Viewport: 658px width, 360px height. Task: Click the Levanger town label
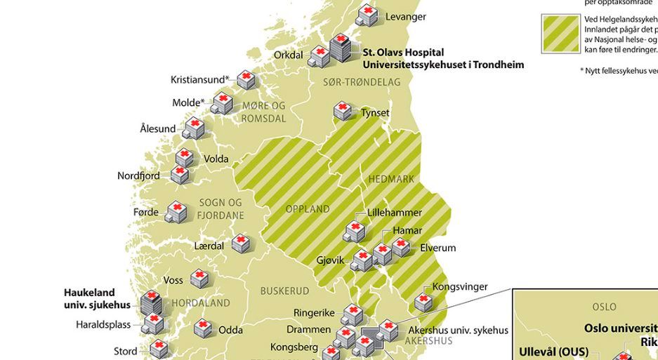point(405,17)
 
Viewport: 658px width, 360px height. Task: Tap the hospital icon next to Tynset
point(343,111)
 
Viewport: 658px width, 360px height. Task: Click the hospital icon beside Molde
point(223,103)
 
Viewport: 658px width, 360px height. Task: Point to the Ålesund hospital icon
point(194,128)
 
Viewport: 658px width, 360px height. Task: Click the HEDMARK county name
point(391,179)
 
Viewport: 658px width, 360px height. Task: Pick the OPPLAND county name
point(308,209)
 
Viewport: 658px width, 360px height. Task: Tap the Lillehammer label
point(394,213)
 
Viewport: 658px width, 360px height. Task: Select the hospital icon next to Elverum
point(401,247)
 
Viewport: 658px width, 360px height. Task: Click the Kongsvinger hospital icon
point(423,301)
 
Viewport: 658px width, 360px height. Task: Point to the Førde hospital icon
point(176,212)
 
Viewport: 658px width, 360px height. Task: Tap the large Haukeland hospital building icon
point(150,303)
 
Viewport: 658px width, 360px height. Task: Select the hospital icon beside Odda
point(202,327)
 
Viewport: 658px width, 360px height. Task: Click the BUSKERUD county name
point(284,291)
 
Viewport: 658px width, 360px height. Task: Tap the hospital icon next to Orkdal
point(320,55)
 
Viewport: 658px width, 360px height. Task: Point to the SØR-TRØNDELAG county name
point(362,82)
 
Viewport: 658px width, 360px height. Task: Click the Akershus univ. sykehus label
point(458,330)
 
